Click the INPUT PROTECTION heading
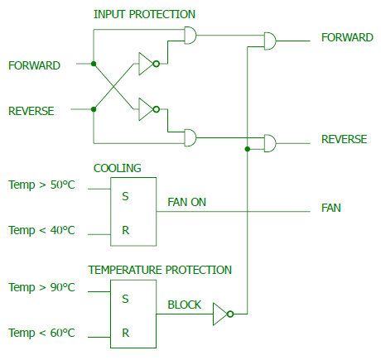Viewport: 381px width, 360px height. point(144,14)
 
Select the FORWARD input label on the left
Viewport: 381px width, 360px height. point(34,65)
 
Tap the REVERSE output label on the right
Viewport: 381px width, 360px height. point(344,139)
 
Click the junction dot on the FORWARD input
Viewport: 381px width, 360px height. point(94,64)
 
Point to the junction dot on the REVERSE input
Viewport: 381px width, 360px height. point(94,109)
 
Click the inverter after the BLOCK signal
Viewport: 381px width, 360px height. point(223,314)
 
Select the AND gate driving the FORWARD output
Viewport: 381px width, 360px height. point(270,41)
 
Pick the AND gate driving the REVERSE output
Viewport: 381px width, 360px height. point(270,143)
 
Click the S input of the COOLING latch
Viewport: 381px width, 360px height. point(125,196)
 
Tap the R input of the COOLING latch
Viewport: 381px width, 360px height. point(125,230)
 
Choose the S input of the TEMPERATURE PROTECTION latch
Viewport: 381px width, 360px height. point(125,299)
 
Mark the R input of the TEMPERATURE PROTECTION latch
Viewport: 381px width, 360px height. point(125,333)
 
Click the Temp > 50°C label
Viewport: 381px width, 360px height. point(41,185)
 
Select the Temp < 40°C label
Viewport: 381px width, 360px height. point(41,230)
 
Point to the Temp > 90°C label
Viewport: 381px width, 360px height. point(41,287)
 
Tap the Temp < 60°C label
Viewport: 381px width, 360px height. point(41,333)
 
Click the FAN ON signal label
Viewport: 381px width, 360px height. point(186,202)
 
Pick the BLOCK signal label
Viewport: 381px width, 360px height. point(185,305)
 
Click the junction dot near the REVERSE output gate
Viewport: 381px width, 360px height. point(248,149)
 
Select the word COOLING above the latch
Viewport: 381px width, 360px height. point(118,168)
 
